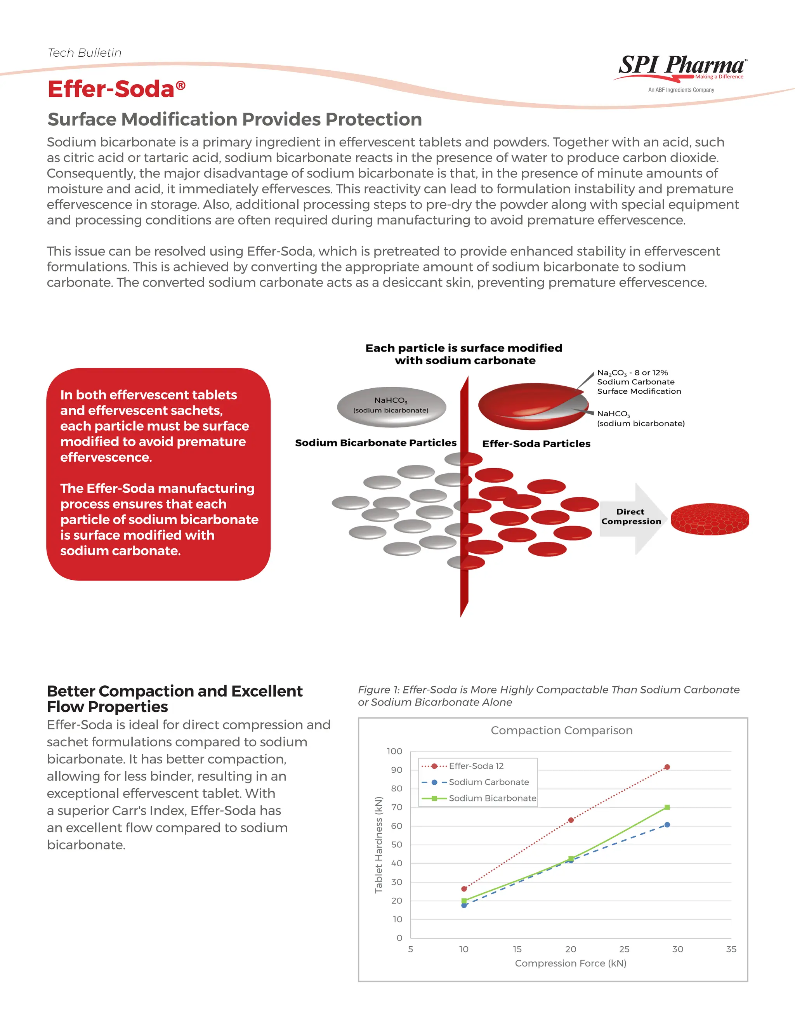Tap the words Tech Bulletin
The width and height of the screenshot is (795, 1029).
coord(85,53)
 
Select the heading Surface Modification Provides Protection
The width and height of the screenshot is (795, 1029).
coord(234,120)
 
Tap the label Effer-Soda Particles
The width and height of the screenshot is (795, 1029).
coord(536,444)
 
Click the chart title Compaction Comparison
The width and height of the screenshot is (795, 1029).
coord(561,730)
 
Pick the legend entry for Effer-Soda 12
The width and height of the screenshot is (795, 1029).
coord(476,766)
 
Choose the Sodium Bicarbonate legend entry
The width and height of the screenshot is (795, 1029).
coord(492,798)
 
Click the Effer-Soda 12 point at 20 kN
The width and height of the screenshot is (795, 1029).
coord(571,820)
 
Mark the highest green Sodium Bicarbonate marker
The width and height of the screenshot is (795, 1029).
coord(667,808)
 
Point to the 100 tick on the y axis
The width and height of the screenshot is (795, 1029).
coord(395,751)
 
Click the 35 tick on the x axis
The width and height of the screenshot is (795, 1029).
coord(731,949)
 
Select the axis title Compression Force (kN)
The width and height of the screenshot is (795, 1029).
coord(570,963)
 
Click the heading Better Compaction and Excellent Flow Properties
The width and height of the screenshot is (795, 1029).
coord(174,699)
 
